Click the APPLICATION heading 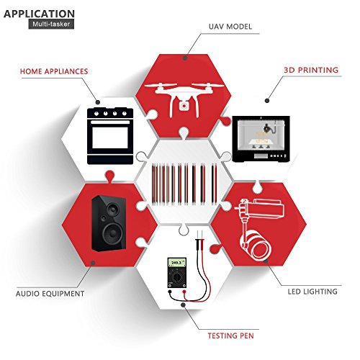pyautogui.click(x=39, y=14)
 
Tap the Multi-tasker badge pyautogui.click(x=51, y=24)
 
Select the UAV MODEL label pyautogui.click(x=230, y=27)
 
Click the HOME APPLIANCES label pyautogui.click(x=54, y=71)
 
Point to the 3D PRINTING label pyautogui.click(x=311, y=70)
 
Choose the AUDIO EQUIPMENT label pyautogui.click(x=50, y=294)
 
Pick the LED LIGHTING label pyautogui.click(x=312, y=292)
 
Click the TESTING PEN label pyautogui.click(x=230, y=336)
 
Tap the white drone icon pyautogui.click(x=184, y=99)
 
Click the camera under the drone pyautogui.click(x=184, y=106)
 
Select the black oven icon pyautogui.click(x=110, y=136)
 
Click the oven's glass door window pyautogui.click(x=110, y=138)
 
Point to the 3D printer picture pyautogui.click(x=261, y=139)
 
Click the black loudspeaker pyautogui.click(x=109, y=223)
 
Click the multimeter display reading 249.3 pyautogui.click(x=177, y=263)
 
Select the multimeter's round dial pyautogui.click(x=177, y=277)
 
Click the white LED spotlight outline pyautogui.click(x=259, y=229)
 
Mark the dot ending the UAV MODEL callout pyautogui.click(x=185, y=58)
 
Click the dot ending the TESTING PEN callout pyautogui.click(x=183, y=305)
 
